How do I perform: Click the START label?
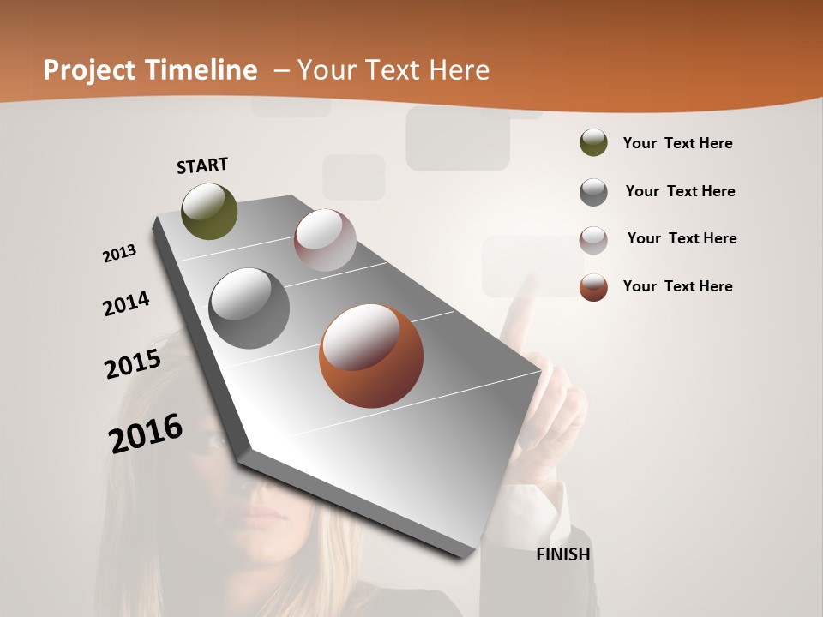(x=202, y=165)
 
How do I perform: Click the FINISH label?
(x=563, y=554)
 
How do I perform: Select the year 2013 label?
(x=119, y=254)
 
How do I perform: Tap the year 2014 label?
(x=126, y=303)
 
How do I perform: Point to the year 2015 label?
(x=133, y=364)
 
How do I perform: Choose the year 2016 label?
(x=146, y=433)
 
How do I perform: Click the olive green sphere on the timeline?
(x=209, y=211)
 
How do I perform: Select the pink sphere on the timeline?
(x=325, y=240)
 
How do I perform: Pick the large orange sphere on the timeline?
(x=371, y=356)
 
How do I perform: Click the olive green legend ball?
(x=593, y=142)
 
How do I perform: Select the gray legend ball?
(x=593, y=192)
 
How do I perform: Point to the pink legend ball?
(x=593, y=240)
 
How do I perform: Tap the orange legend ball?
(x=593, y=287)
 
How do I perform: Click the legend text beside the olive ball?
(x=677, y=143)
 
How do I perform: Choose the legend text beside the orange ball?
(x=677, y=286)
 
